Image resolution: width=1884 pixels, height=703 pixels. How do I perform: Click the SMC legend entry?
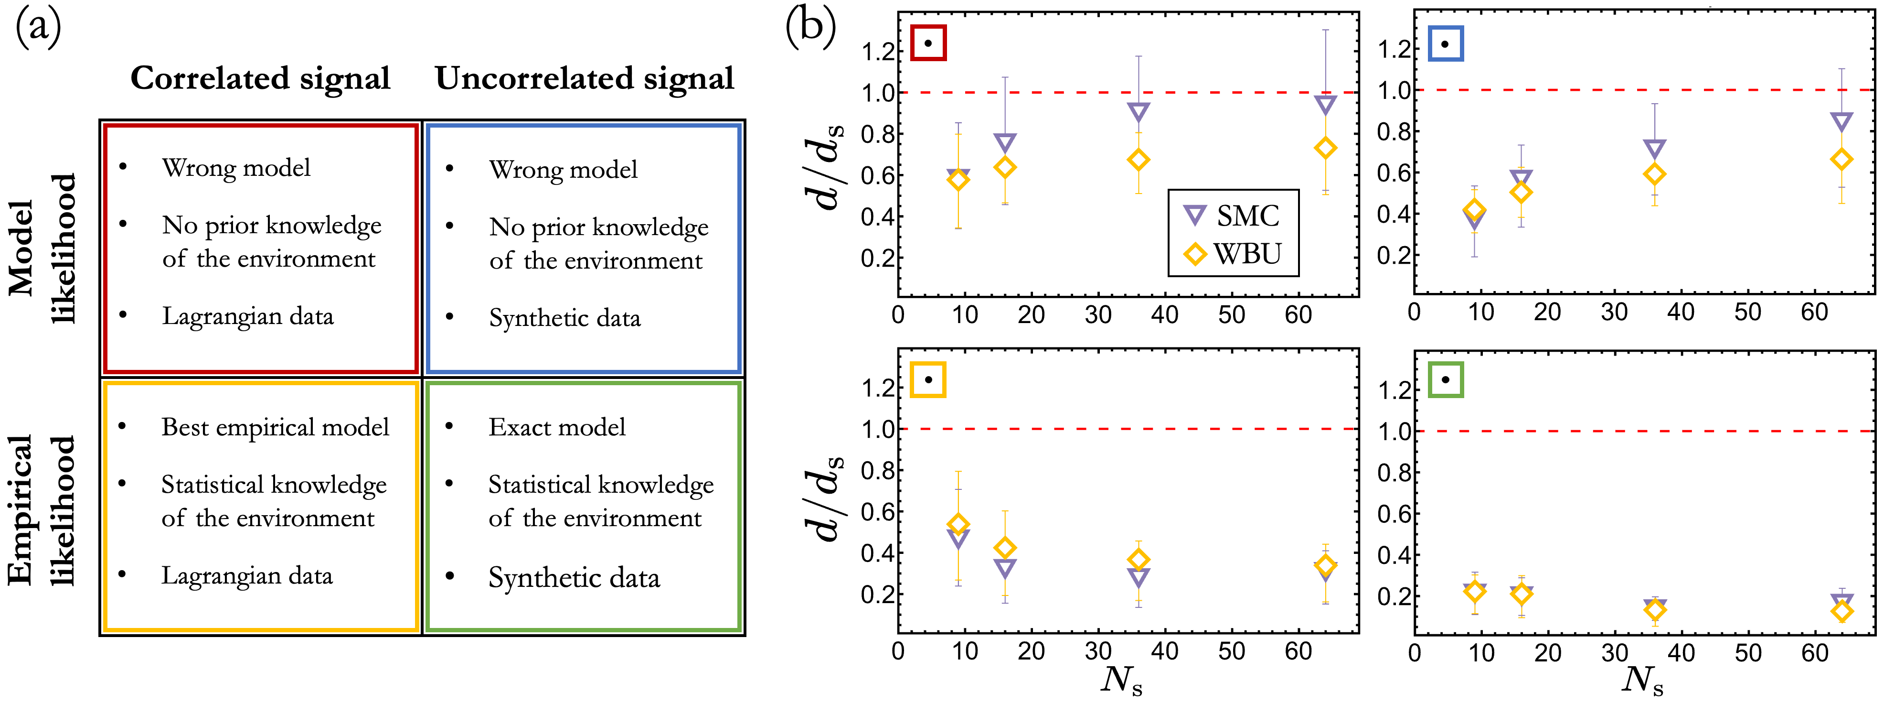pyautogui.click(x=1232, y=216)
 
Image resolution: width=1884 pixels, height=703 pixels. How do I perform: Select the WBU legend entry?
pyautogui.click(x=1232, y=254)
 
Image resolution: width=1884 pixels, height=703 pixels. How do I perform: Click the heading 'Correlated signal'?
pyautogui.click(x=260, y=79)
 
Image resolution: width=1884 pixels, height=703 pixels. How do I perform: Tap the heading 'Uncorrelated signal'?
pyautogui.click(x=585, y=79)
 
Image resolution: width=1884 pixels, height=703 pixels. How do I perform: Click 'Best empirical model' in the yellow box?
pyautogui.click(x=275, y=427)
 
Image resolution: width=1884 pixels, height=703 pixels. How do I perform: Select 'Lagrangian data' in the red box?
pyautogui.click(x=247, y=316)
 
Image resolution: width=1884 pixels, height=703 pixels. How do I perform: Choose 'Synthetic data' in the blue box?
pyautogui.click(x=564, y=318)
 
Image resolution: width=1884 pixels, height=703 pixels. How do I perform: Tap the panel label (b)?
pyautogui.click(x=810, y=28)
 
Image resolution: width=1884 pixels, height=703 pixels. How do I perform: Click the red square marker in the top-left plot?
pyautogui.click(x=928, y=43)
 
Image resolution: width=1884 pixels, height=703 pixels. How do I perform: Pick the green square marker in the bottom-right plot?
pyautogui.click(x=1445, y=379)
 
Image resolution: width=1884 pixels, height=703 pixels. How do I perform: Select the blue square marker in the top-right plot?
pyautogui.click(x=1445, y=44)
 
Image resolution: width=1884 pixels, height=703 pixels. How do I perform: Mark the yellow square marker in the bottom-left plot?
pyautogui.click(x=928, y=379)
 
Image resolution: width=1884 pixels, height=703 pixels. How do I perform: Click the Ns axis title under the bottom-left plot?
pyautogui.click(x=1121, y=681)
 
